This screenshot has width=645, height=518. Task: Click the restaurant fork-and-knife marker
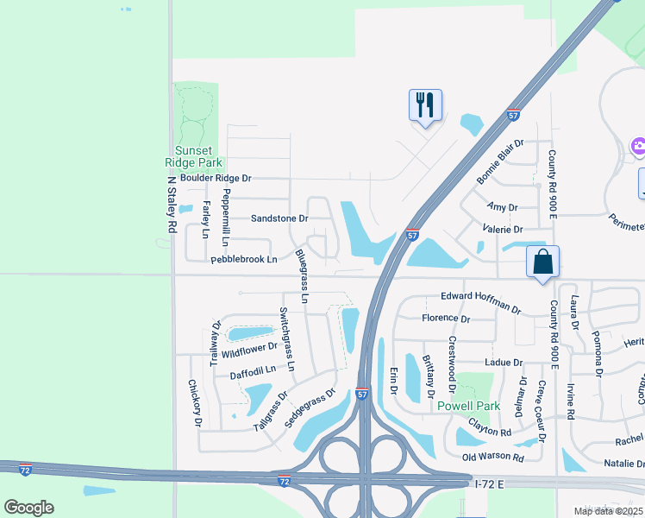click(x=425, y=105)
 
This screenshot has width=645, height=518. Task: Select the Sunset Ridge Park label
click(x=199, y=155)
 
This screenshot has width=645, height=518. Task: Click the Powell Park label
click(x=469, y=406)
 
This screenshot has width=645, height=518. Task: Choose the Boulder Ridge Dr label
click(x=210, y=178)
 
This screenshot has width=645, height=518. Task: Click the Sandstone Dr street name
click(x=279, y=218)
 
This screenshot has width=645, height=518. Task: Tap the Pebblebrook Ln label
click(x=244, y=259)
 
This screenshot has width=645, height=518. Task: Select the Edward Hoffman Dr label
click(x=481, y=302)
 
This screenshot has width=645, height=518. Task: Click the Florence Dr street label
click(x=446, y=319)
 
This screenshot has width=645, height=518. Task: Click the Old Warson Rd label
click(x=492, y=457)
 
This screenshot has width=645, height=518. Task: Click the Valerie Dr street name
click(x=504, y=230)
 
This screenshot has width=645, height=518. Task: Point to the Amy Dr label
click(x=502, y=207)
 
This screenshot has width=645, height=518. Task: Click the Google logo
click(x=28, y=507)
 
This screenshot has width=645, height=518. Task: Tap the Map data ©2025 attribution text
click(x=607, y=511)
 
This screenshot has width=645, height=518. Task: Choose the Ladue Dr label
click(x=504, y=363)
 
